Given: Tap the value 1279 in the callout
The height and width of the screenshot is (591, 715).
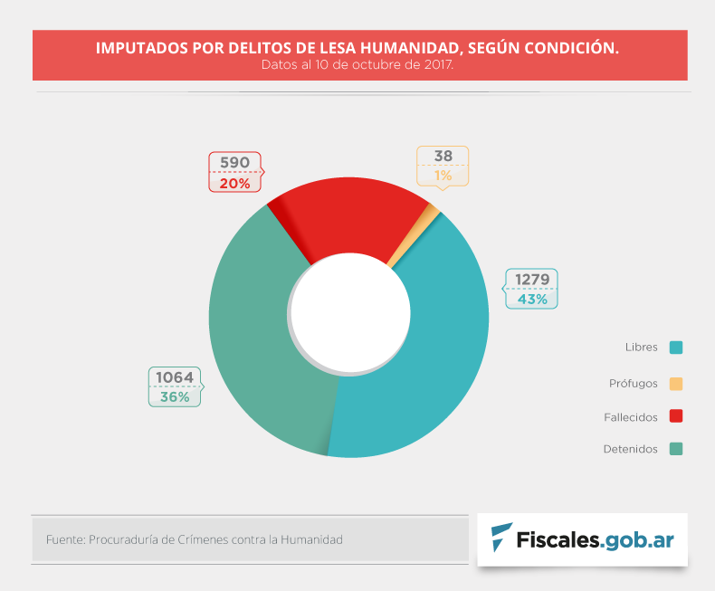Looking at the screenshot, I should [532, 280].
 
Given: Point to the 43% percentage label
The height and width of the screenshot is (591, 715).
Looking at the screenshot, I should [532, 299].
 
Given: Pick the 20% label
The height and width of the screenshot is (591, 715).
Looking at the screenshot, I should [234, 182].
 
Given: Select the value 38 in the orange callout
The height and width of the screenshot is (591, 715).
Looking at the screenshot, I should [443, 156].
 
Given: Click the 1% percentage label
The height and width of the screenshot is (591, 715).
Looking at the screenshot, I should [443, 176].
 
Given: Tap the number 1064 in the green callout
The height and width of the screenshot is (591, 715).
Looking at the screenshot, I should [175, 377].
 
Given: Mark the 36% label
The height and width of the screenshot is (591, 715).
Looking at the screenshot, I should [175, 397].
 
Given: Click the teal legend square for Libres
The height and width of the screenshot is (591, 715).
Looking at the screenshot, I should [676, 348].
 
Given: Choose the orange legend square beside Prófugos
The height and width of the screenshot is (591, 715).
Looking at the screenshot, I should [676, 384].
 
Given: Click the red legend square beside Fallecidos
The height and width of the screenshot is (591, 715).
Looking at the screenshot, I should [676, 417].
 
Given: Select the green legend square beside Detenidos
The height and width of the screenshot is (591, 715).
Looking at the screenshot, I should [676, 449].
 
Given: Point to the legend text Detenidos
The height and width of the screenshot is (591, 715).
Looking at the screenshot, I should [630, 450].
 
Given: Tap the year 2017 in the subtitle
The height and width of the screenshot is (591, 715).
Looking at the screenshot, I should [438, 65].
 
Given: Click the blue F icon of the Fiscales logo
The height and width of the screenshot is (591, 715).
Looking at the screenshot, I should [499, 539].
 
